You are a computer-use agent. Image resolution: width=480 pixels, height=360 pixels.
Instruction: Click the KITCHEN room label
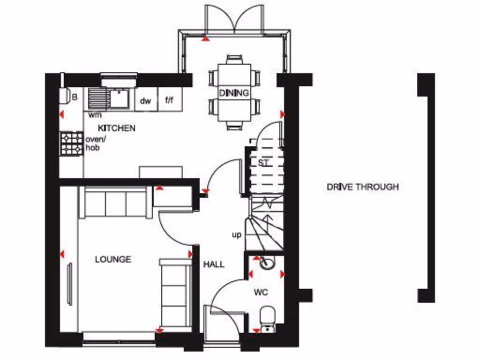click(117, 128)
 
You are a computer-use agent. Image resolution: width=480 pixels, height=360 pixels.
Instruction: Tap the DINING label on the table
click(234, 93)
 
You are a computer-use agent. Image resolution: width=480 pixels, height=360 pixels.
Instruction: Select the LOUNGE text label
click(113, 259)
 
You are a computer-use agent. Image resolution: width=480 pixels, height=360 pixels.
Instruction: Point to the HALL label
click(214, 264)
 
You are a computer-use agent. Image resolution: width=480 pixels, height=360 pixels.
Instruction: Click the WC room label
click(261, 292)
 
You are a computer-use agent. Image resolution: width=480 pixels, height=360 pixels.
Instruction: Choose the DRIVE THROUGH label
click(362, 187)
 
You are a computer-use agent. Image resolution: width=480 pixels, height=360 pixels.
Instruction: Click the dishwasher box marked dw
click(146, 100)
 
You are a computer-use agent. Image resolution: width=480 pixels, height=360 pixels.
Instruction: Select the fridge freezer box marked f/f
click(169, 100)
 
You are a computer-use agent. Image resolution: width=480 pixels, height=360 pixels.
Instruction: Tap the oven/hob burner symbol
click(72, 143)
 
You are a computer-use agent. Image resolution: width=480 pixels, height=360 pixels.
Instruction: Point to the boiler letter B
click(74, 97)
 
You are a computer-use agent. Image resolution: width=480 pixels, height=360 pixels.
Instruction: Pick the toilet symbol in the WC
click(268, 316)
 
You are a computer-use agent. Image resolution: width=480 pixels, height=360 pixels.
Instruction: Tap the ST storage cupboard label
click(263, 163)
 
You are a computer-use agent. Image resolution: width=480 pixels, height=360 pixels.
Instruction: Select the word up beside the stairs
click(237, 234)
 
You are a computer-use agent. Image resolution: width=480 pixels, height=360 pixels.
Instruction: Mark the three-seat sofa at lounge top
click(116, 202)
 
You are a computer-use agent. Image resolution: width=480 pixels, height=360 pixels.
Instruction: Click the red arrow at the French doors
click(205, 38)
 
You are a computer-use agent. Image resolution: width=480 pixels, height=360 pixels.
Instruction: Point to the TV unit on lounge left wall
click(70, 284)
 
